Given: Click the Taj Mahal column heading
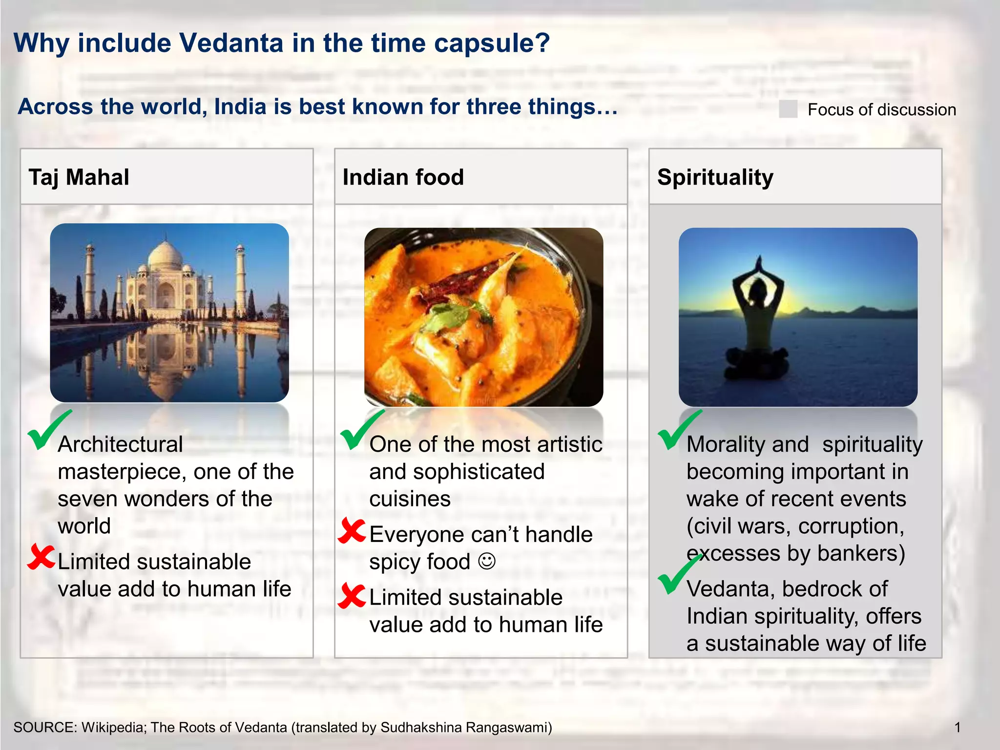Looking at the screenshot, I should click(79, 177).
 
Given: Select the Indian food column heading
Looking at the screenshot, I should click(403, 177).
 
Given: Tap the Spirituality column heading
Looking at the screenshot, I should click(715, 177).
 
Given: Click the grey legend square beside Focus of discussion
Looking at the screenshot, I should click(788, 109).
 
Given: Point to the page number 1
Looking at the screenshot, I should click(958, 728).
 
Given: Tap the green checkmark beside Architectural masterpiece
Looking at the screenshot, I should click(47, 430).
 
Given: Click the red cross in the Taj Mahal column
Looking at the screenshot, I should click(41, 558).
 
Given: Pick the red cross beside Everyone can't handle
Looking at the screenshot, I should click(352, 531).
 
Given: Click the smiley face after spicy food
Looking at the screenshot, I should click(487, 562).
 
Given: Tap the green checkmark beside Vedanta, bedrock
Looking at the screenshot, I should click(678, 575).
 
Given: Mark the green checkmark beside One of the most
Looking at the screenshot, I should click(360, 430).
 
